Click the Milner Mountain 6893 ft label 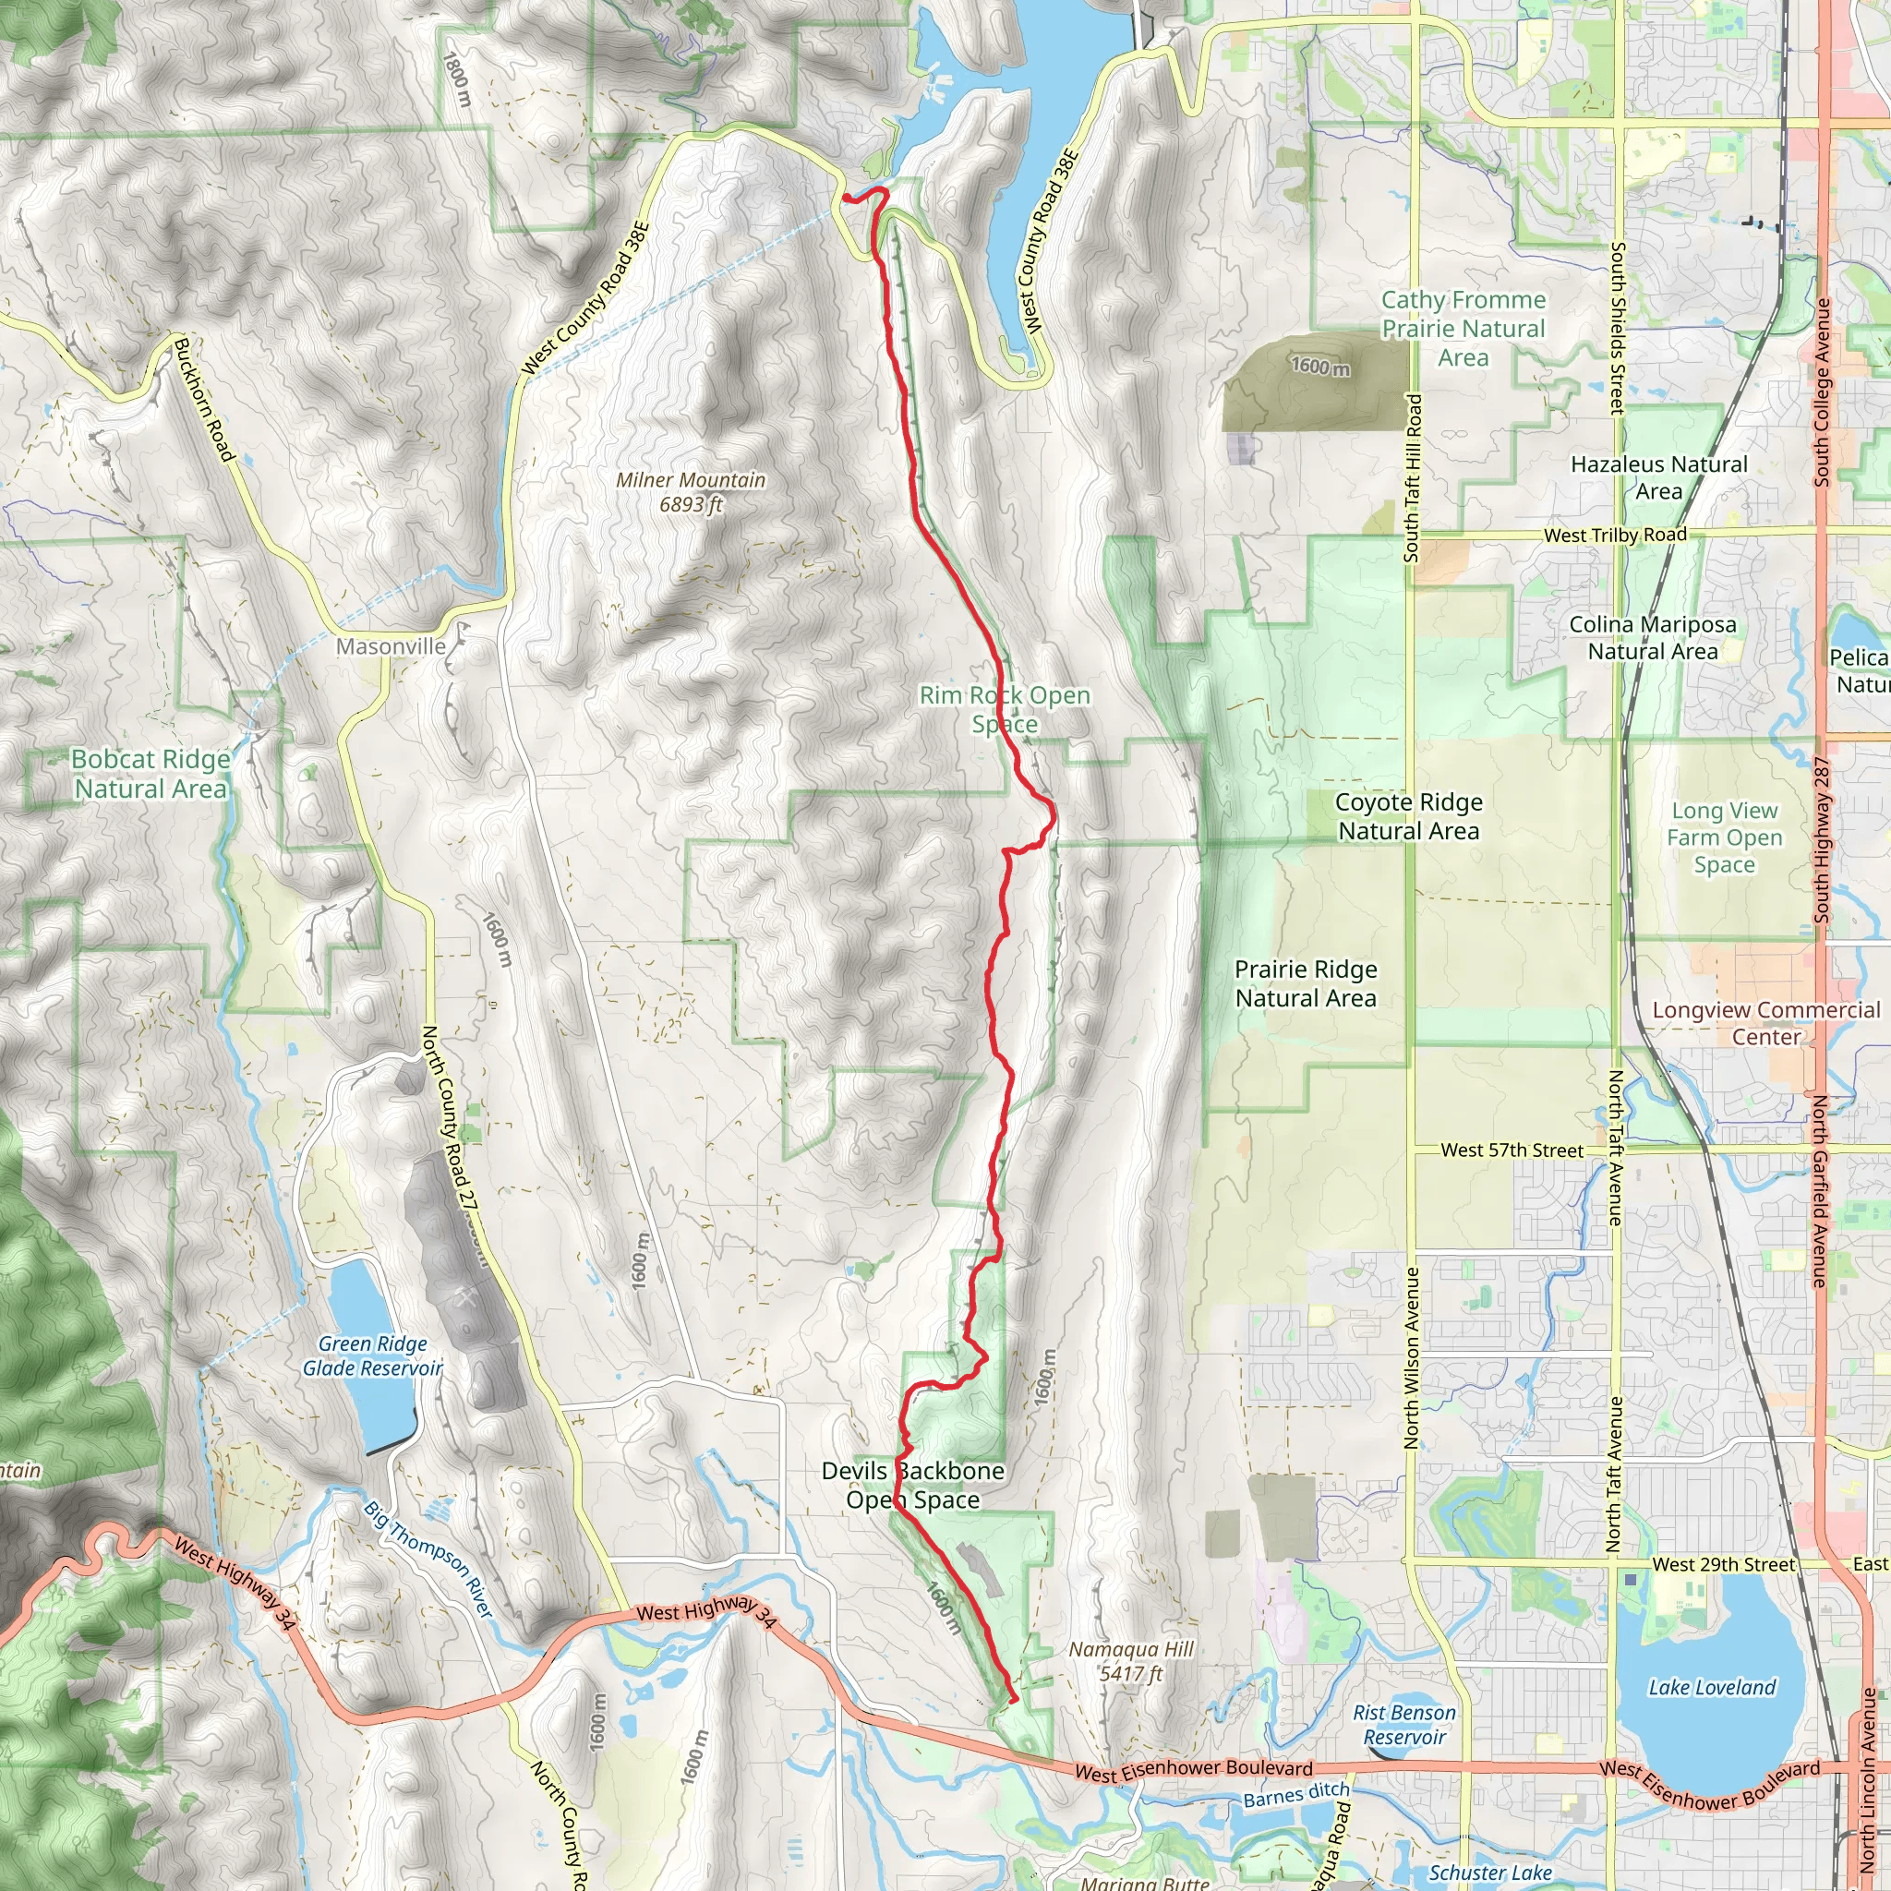pyautogui.click(x=690, y=492)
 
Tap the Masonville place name pyautogui.click(x=391, y=647)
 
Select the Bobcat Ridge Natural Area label pyautogui.click(x=151, y=774)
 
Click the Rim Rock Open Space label pyautogui.click(x=1005, y=710)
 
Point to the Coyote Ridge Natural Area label pyautogui.click(x=1408, y=816)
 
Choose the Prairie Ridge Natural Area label pyautogui.click(x=1306, y=983)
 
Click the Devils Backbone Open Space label pyautogui.click(x=912, y=1485)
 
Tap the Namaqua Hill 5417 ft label pyautogui.click(x=1130, y=1661)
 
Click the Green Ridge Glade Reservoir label pyautogui.click(x=372, y=1355)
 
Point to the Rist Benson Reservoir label pyautogui.click(x=1404, y=1725)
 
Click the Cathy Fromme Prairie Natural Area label pyautogui.click(x=1463, y=329)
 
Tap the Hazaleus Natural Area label pyautogui.click(x=1659, y=477)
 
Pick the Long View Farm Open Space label pyautogui.click(x=1725, y=837)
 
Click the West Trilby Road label pyautogui.click(x=1615, y=536)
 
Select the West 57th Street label pyautogui.click(x=1512, y=1150)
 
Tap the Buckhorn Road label pyautogui.click(x=206, y=399)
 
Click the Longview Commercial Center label pyautogui.click(x=1766, y=1023)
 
